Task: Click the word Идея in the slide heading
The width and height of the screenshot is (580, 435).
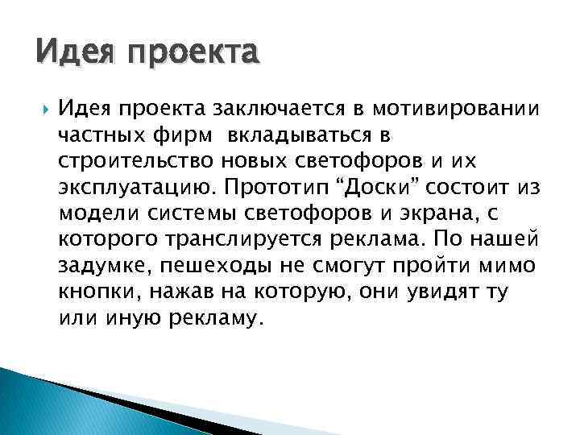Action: pyautogui.click(x=67, y=54)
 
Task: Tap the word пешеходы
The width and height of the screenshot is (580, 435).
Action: pyautogui.click(x=223, y=265)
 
